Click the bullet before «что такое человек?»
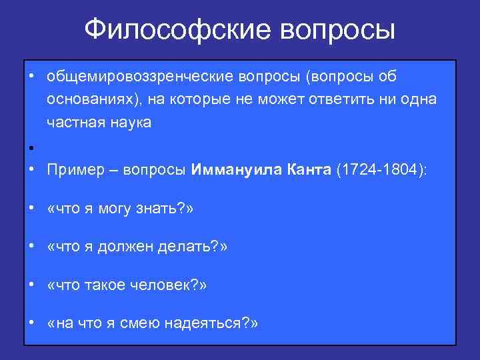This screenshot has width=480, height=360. pos(31,285)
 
